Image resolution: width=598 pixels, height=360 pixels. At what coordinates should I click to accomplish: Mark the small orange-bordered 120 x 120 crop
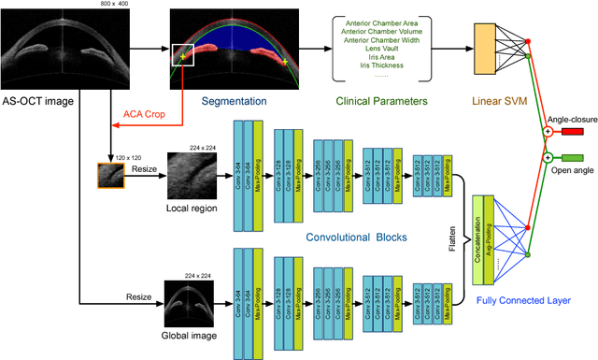112,175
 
